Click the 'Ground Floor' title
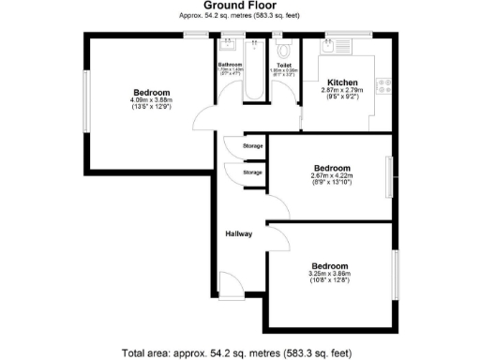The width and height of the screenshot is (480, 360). [239, 6]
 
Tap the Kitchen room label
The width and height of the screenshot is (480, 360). [339, 82]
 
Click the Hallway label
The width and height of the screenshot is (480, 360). [238, 233]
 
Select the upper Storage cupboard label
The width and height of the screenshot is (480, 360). [252, 146]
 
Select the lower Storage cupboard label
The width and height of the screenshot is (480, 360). [252, 172]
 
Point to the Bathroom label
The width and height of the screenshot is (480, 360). [230, 64]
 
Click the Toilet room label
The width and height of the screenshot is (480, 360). [284, 65]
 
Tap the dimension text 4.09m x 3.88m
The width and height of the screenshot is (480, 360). [150, 100]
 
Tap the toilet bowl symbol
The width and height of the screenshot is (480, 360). [284, 47]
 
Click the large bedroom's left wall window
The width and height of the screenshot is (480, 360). [89, 104]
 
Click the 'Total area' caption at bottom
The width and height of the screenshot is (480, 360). [239, 353]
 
